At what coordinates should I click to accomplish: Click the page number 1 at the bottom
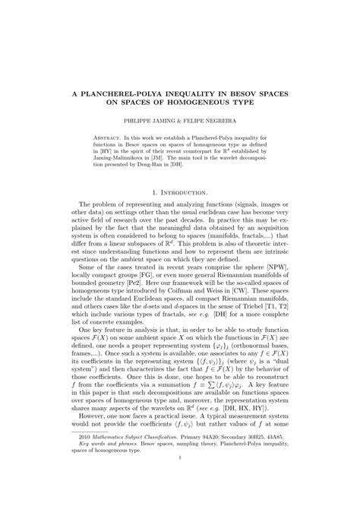pyautogui.click(x=180, y=490)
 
